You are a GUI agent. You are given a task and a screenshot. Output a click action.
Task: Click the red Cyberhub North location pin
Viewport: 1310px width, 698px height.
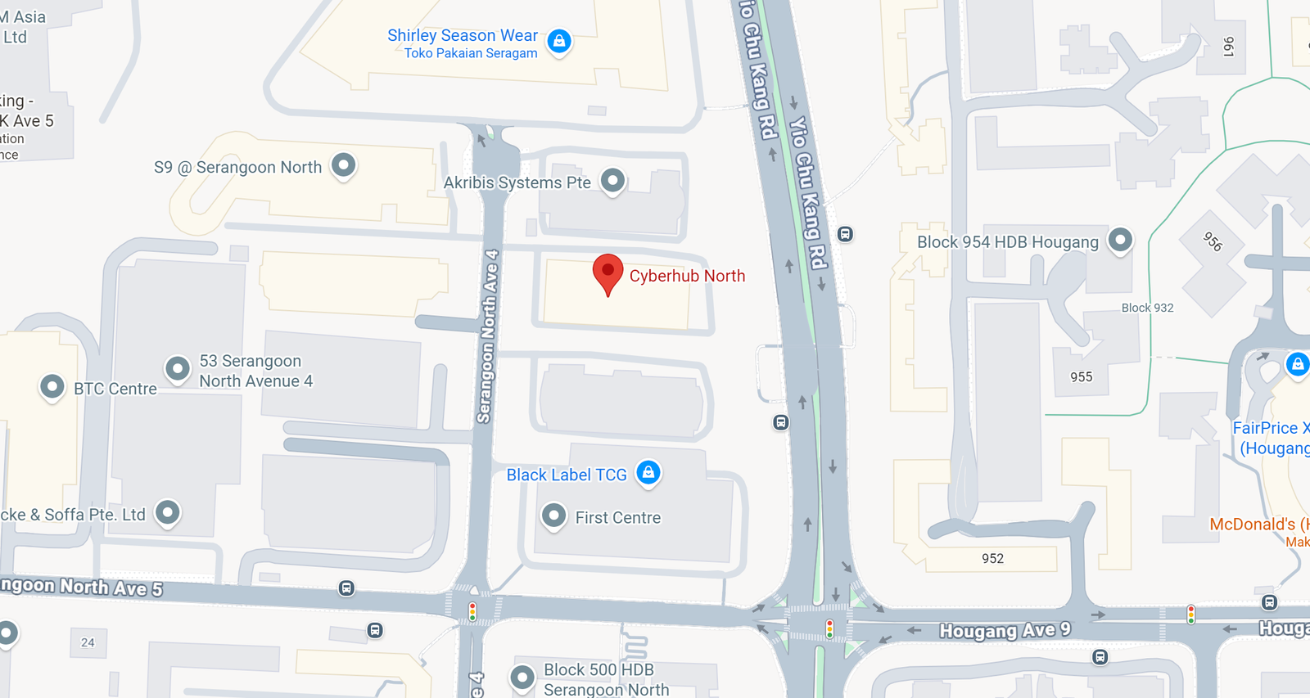tap(608, 272)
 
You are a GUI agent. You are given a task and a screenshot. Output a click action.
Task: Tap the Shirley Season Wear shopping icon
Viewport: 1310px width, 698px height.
tap(559, 40)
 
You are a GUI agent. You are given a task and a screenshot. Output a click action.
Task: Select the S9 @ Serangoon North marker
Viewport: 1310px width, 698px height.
tap(344, 165)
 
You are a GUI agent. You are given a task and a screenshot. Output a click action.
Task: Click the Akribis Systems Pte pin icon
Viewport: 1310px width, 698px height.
tap(612, 180)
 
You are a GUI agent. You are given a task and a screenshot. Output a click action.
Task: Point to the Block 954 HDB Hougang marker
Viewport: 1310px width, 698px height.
tap(1120, 240)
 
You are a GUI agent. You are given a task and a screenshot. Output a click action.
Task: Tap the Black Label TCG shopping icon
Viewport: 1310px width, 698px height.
tap(648, 472)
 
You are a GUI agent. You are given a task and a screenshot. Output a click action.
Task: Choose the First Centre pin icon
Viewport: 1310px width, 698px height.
tap(554, 516)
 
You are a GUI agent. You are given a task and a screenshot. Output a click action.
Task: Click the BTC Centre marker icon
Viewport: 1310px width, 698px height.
tap(52, 386)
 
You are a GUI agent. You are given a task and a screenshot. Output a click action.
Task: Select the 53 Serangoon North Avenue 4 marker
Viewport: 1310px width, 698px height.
tap(178, 368)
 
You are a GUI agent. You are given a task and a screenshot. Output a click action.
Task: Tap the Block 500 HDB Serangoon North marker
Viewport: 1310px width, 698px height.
tap(522, 677)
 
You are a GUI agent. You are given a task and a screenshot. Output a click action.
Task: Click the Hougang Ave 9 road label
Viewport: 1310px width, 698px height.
tap(1005, 630)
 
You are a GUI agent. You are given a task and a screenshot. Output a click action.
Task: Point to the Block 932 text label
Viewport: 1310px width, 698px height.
tap(1147, 308)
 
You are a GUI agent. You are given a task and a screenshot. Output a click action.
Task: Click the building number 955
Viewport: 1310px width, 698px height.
tap(1081, 377)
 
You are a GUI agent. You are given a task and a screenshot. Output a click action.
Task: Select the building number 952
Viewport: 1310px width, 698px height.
tap(992, 558)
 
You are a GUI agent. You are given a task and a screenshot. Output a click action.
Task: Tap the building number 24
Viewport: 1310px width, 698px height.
tap(88, 642)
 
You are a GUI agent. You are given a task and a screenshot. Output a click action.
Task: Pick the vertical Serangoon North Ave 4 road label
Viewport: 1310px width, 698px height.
tap(488, 335)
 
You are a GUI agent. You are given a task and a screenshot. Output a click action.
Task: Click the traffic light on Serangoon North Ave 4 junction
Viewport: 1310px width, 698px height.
tap(472, 610)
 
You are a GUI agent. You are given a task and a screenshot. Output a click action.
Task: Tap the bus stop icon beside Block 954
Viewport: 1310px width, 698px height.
tap(846, 235)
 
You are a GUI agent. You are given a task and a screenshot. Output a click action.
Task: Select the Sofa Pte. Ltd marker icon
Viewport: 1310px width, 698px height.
tap(168, 512)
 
